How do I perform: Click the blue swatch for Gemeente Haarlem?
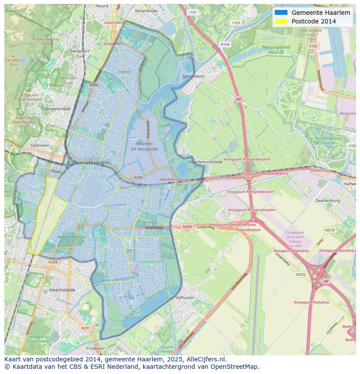click(x=281, y=13)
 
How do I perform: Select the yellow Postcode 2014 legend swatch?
click(x=281, y=21)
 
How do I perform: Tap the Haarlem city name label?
click(x=99, y=162)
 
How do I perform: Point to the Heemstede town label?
click(x=62, y=289)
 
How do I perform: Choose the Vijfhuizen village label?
click(x=185, y=298)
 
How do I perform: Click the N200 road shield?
click(x=138, y=177)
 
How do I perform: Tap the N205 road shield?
click(x=187, y=226)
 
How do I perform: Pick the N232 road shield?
click(x=300, y=274)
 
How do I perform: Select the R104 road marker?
click(x=225, y=44)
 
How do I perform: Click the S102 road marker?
click(x=313, y=46)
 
